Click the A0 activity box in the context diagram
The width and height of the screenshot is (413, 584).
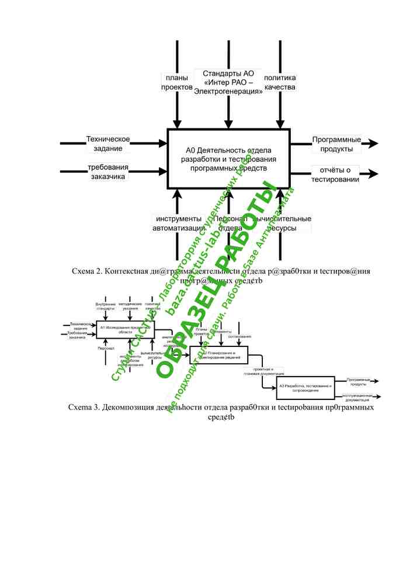[228, 158]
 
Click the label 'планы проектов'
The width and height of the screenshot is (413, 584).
[176, 82]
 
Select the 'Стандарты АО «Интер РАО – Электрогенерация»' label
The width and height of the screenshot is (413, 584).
[228, 82]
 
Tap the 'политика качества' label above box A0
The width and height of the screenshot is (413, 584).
[280, 82]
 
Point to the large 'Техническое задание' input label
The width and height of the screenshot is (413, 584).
[108, 144]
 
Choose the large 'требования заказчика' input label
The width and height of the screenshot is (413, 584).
[108, 172]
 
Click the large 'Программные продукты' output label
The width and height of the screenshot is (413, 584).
[336, 144]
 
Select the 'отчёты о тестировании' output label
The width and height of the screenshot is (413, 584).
[335, 175]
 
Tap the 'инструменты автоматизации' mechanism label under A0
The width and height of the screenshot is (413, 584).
[178, 223]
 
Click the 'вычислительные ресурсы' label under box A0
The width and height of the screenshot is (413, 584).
[286, 223]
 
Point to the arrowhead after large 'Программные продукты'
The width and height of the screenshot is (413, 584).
[373, 144]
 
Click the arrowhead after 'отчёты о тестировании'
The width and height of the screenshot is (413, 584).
[373, 173]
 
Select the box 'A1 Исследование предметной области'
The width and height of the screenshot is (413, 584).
[124, 329]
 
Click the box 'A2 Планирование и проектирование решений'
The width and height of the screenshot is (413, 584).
[218, 355]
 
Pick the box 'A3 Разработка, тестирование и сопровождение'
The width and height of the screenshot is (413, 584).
[306, 387]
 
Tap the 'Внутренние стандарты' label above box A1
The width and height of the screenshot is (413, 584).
[106, 307]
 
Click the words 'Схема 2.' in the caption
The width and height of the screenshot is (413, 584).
[87, 272]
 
